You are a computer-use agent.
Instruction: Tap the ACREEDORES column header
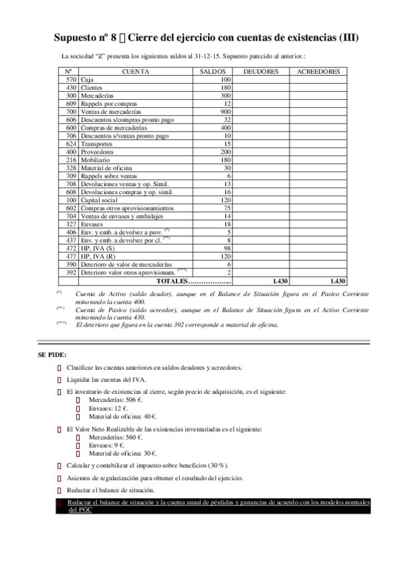(x=318, y=71)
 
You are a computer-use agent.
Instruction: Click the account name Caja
(x=87, y=80)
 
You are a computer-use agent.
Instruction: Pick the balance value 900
(x=225, y=112)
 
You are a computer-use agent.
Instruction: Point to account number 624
(x=71, y=144)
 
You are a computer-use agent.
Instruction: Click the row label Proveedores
(x=98, y=152)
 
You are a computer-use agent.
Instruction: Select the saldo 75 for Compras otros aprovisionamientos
(x=227, y=208)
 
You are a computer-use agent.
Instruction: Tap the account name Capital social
(x=99, y=200)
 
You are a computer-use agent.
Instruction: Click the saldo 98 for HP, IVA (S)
(x=227, y=247)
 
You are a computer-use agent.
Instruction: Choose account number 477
(x=71, y=255)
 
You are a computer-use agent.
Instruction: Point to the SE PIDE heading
(x=52, y=354)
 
